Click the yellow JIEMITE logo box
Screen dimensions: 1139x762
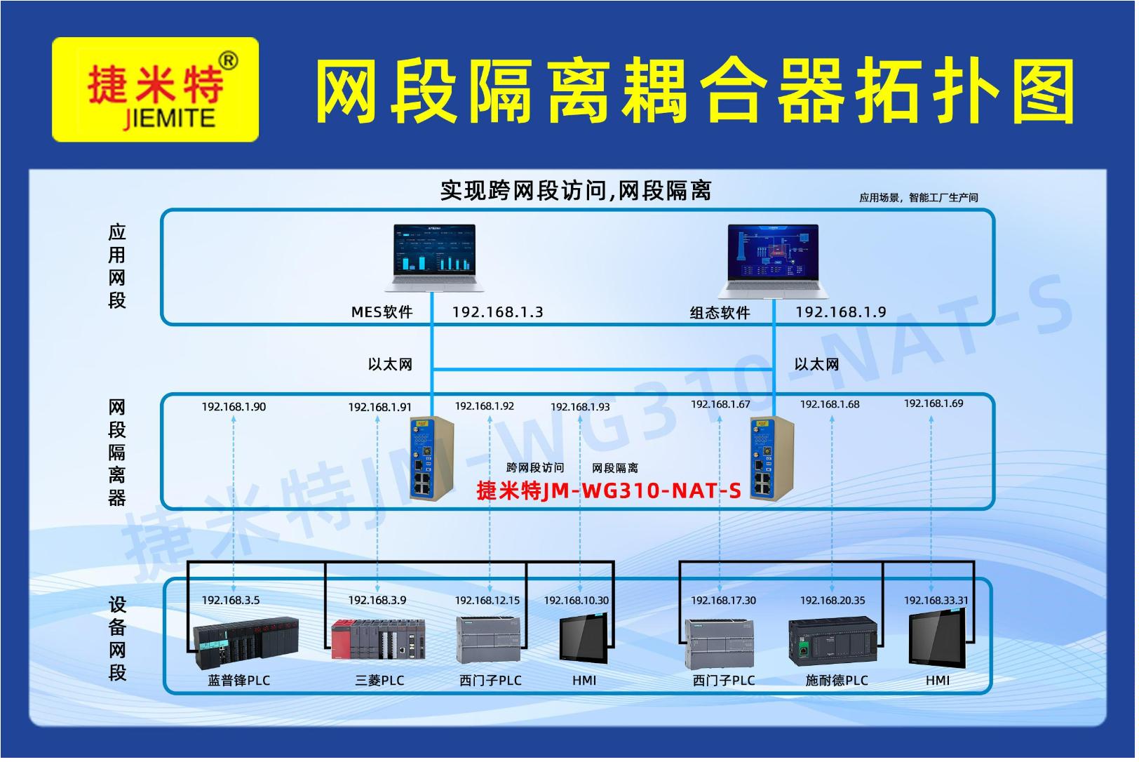tap(156, 90)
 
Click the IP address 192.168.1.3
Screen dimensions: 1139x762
tap(499, 312)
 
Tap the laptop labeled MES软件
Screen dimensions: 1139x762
tap(435, 258)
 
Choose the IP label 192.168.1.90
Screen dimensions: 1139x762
tap(234, 407)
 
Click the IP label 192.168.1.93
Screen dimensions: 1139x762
tap(581, 407)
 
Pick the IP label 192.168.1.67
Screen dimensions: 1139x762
tap(721, 404)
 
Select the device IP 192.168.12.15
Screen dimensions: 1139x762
tap(488, 601)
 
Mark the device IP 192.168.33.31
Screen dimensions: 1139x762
tap(937, 601)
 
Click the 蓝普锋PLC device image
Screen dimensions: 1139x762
tap(246, 643)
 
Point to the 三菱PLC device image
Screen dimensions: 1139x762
tap(379, 639)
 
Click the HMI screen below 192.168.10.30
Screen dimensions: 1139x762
tap(584, 639)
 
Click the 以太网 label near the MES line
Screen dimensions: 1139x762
tap(391, 365)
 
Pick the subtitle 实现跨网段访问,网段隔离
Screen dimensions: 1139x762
tap(577, 192)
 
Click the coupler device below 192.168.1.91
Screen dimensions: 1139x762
tap(432, 459)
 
